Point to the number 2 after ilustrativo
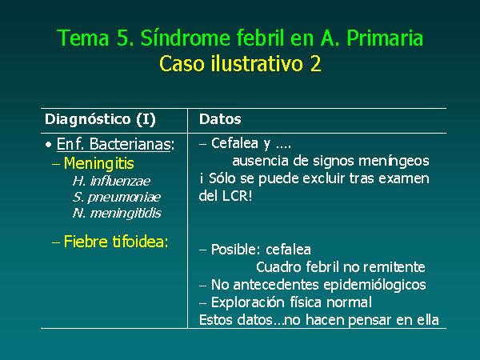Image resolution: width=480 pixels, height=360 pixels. click(315, 64)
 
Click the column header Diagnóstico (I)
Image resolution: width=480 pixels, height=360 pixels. click(100, 119)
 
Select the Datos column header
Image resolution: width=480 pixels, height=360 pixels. click(220, 119)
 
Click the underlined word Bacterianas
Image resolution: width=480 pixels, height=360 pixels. click(130, 144)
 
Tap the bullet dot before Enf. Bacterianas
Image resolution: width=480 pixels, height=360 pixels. click(48, 145)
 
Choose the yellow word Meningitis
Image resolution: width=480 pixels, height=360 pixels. click(98, 163)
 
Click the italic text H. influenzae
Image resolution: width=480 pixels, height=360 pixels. click(111, 181)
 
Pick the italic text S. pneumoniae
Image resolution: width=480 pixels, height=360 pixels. click(117, 197)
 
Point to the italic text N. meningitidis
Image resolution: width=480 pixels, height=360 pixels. click(117, 213)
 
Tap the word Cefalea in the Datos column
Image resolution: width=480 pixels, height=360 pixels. click(234, 143)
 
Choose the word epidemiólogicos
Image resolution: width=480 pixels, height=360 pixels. click(374, 285)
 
